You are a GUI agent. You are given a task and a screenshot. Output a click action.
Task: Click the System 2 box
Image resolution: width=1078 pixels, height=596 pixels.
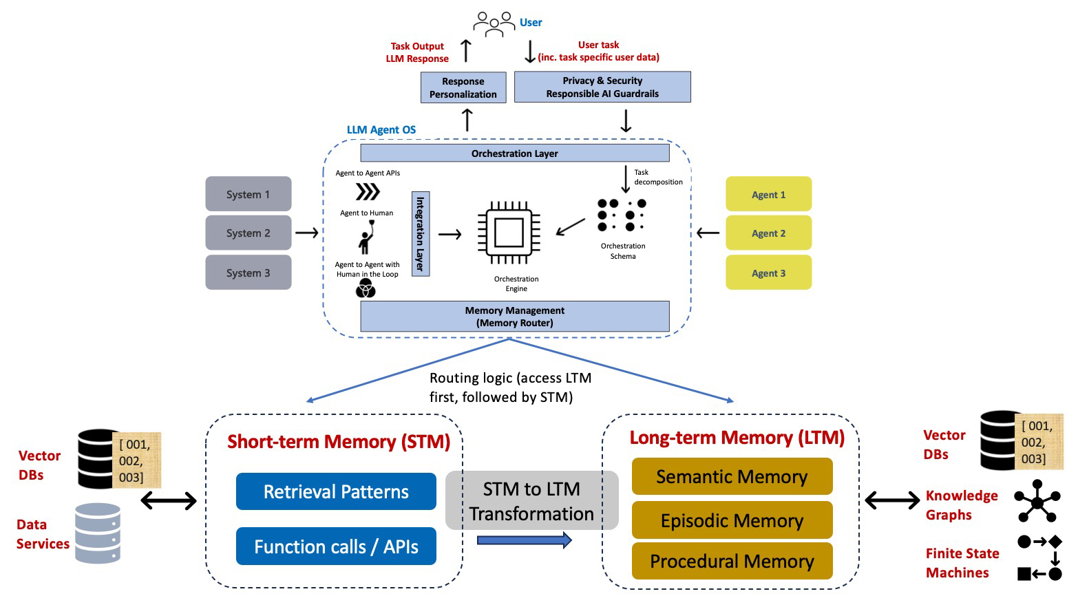pos(248,233)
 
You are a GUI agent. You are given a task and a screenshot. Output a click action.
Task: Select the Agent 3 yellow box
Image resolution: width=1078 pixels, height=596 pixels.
pos(768,273)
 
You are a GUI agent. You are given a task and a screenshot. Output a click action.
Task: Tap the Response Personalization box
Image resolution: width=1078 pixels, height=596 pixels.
pos(463,87)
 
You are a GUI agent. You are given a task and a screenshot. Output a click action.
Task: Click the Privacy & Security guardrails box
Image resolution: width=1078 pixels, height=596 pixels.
pos(602,87)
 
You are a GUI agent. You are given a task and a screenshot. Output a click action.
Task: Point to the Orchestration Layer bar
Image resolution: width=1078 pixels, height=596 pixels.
pos(515,153)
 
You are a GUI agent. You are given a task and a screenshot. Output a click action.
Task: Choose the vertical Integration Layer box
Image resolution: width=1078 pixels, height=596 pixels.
pos(421,233)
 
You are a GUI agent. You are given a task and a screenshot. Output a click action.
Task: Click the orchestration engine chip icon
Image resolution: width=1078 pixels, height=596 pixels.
pos(509,233)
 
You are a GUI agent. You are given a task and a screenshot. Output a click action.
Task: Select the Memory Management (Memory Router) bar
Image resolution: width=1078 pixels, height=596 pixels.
pos(515,317)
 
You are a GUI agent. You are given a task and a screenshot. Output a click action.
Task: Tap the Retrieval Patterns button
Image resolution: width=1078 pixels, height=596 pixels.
pos(336,491)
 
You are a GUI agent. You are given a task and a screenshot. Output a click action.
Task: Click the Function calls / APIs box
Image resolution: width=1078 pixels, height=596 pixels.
pos(336,546)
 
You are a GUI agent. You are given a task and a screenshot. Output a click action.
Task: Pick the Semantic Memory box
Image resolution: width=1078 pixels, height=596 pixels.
pos(732,476)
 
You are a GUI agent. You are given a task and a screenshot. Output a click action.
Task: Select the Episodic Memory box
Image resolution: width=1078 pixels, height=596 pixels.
pos(732,520)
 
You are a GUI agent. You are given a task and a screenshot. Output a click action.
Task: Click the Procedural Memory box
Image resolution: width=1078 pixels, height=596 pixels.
pos(732,561)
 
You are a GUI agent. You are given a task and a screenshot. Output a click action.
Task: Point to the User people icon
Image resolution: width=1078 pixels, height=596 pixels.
pos(494,23)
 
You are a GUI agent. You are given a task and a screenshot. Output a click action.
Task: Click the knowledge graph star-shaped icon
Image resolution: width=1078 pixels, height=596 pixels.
pos(1037,501)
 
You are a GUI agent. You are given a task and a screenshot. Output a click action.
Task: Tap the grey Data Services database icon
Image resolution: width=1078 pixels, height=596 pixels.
pos(98,533)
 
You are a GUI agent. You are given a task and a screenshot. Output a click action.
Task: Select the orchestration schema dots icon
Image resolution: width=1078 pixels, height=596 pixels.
pos(622,215)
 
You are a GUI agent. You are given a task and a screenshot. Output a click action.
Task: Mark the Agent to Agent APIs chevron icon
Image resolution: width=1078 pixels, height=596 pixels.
pos(368,191)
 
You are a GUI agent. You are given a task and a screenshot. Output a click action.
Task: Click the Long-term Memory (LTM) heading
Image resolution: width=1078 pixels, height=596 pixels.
pos(737,438)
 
